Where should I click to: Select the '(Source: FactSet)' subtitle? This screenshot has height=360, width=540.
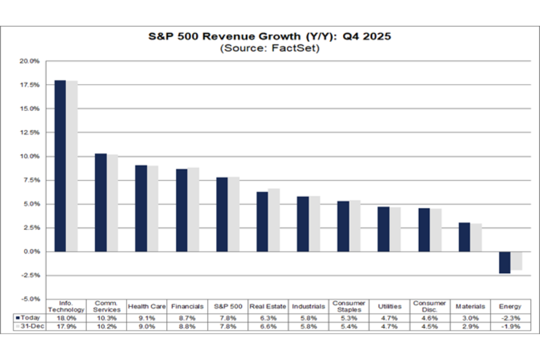pos(269,48)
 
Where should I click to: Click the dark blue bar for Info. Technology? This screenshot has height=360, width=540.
pos(60,166)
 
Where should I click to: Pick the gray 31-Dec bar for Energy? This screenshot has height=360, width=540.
pos(516,261)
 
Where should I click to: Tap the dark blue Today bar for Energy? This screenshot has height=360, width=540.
pos(505,263)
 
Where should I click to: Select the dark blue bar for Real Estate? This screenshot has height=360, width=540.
pos(262,221)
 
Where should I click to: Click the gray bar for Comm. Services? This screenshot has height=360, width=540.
pos(112,203)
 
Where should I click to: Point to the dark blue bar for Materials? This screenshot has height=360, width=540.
pos(464,237)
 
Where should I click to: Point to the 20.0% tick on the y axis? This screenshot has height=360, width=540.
pos(30,61)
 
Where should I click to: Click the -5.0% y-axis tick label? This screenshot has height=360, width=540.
pos(30,299)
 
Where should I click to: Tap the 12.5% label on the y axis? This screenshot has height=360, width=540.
pos(30,133)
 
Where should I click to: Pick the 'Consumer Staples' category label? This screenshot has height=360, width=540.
pos(348,307)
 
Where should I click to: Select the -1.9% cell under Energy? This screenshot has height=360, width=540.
pos(511,326)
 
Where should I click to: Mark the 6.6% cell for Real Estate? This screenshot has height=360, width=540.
pos(268,326)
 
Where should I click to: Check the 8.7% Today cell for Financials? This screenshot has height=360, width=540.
pos(187,317)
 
